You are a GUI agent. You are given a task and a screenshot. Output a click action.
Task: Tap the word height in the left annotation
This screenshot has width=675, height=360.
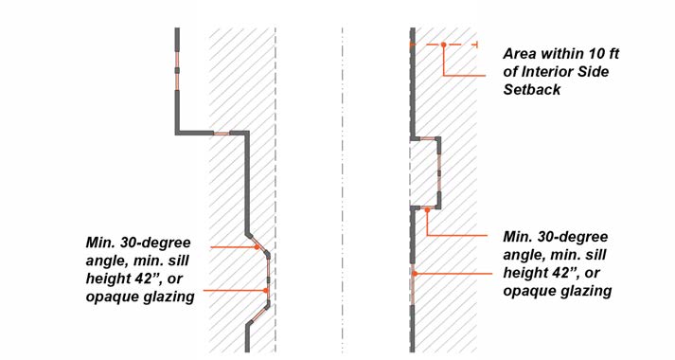pyautogui.click(x=105, y=279)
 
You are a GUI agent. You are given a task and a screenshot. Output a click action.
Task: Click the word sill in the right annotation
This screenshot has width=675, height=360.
pyautogui.click(x=595, y=255)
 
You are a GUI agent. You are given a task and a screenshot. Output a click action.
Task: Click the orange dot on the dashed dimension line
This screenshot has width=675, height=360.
pyautogui.click(x=443, y=45)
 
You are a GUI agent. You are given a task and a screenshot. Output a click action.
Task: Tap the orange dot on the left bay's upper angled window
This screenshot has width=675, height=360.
pyautogui.click(x=257, y=247)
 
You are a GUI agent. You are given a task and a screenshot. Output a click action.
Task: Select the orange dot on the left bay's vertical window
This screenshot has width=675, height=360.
pyautogui.click(x=266, y=291)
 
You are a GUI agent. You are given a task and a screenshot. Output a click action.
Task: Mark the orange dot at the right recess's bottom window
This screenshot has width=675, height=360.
pyautogui.click(x=427, y=209)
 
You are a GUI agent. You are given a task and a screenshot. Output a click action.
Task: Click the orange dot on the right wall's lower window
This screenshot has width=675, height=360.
pyautogui.click(x=414, y=274)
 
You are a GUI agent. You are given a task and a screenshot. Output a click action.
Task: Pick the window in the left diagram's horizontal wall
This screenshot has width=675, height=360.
pyautogui.click(x=222, y=134)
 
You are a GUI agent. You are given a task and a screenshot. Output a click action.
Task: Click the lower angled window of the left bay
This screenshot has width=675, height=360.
pyautogui.click(x=259, y=315)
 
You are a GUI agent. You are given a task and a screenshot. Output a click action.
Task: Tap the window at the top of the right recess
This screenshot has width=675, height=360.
pyautogui.click(x=428, y=138)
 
